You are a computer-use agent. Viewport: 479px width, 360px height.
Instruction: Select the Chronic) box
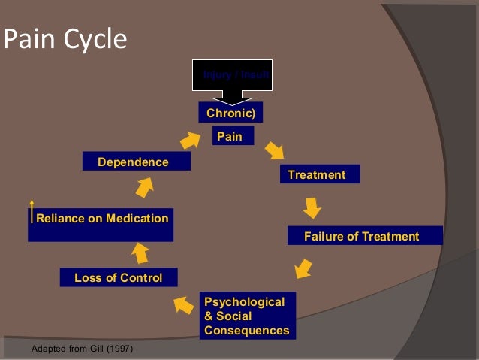point(230,113)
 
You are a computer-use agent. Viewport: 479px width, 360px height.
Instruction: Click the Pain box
point(233,136)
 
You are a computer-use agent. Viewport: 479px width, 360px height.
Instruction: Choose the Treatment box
point(319,174)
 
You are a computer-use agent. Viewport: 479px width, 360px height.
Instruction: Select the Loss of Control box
point(119,277)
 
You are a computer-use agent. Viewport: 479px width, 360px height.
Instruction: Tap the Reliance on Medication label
point(103,219)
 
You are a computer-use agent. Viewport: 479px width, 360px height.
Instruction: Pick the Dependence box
point(134,162)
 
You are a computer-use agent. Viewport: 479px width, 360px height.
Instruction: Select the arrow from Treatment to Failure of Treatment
point(312,207)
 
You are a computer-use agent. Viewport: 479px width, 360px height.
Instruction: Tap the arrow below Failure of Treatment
point(303,267)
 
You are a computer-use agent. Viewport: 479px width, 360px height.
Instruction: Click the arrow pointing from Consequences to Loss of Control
point(183,304)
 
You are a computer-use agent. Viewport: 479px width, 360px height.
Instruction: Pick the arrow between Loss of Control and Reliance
point(140,253)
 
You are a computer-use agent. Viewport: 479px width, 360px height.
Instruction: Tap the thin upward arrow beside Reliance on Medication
point(32,212)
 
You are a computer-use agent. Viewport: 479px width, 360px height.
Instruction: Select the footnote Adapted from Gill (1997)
point(83,349)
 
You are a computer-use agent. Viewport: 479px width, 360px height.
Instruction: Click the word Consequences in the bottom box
point(246,330)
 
